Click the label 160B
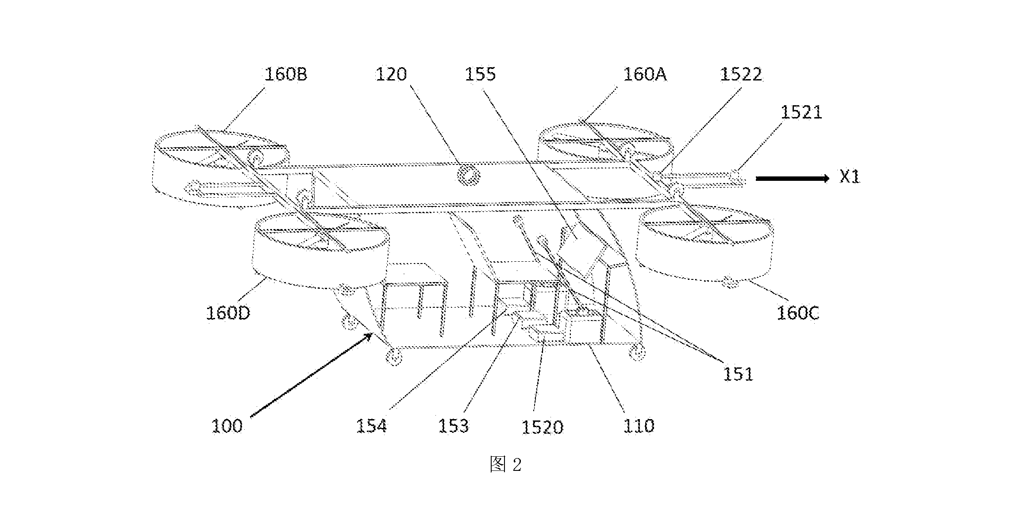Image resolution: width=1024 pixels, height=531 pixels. pyautogui.click(x=286, y=74)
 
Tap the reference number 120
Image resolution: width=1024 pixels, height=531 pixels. pyautogui.click(x=391, y=74)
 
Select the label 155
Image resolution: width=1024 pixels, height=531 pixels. pyautogui.click(x=480, y=74)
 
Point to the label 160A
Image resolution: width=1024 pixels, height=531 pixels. pyautogui.click(x=645, y=74)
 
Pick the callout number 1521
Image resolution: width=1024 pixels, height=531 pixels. pyautogui.click(x=801, y=112)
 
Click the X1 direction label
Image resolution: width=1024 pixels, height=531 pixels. pyautogui.click(x=850, y=177)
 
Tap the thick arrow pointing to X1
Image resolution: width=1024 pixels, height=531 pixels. pyautogui.click(x=793, y=179)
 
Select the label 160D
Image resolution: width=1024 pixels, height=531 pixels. pyautogui.click(x=228, y=313)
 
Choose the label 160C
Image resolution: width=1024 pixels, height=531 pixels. pyautogui.click(x=798, y=313)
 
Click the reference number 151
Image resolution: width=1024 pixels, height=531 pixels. pyautogui.click(x=738, y=374)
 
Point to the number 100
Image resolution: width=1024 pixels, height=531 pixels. pyautogui.click(x=227, y=426)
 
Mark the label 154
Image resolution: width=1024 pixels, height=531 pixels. pyautogui.click(x=371, y=426)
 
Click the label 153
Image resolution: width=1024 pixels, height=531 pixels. pyautogui.click(x=453, y=426)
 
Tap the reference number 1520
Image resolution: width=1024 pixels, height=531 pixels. pyautogui.click(x=542, y=427)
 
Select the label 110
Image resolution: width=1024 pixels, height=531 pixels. pyautogui.click(x=638, y=426)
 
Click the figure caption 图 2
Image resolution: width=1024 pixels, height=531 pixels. pyautogui.click(x=505, y=465)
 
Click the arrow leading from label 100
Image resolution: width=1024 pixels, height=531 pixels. pyautogui.click(x=311, y=375)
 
